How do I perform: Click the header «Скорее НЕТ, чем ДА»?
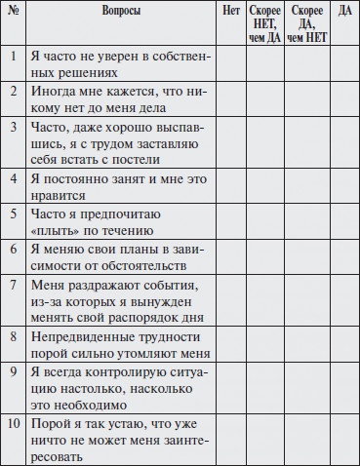pyautogui.click(x=263, y=22)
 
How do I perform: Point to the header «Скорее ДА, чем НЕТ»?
pyautogui.click(x=304, y=22)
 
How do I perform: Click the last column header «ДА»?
pyautogui.click(x=342, y=11)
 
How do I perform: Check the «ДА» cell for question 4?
pyautogui.click(x=342, y=186)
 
